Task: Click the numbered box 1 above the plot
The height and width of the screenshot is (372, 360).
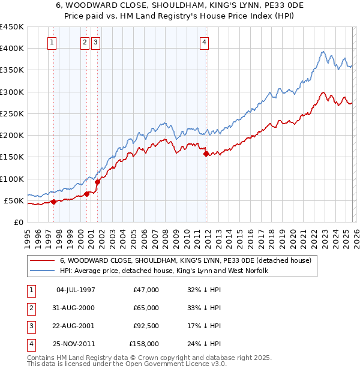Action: tap(53, 42)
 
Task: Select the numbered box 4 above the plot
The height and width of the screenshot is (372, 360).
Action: tap(205, 42)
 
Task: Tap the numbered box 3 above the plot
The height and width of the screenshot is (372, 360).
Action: tap(96, 42)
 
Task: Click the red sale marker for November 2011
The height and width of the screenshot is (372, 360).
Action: tap(206, 154)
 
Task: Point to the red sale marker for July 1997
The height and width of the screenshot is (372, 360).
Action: tap(53, 202)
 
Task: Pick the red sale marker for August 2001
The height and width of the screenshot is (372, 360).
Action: tap(97, 182)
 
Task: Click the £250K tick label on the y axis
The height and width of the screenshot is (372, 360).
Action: tap(11, 113)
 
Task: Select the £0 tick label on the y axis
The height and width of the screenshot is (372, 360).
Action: tap(18, 222)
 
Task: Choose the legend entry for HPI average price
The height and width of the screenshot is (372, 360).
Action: tap(163, 271)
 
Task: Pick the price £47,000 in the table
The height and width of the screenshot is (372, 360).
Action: tap(146, 290)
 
